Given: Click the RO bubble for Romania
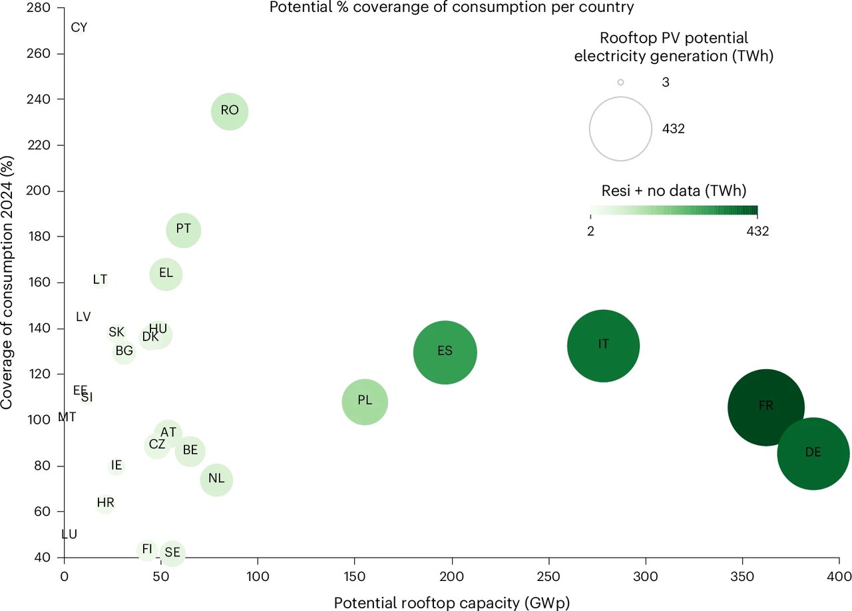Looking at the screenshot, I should click(x=230, y=111).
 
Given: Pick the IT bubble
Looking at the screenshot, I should click(x=603, y=346).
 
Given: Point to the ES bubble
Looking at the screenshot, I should click(x=445, y=352).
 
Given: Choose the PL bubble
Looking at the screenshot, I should click(x=365, y=402).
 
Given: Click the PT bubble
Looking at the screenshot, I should click(x=184, y=230).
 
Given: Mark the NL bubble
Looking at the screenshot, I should click(x=216, y=480).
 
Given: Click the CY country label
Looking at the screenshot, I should click(x=79, y=28).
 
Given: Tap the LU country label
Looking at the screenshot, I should click(x=69, y=534).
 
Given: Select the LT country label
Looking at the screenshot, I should click(x=100, y=280).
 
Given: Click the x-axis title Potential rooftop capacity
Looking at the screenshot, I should click(x=452, y=602).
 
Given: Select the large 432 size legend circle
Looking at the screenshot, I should click(x=620, y=129).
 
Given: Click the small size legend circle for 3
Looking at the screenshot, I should click(x=620, y=83).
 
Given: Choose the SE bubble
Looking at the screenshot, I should click(x=172, y=552).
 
